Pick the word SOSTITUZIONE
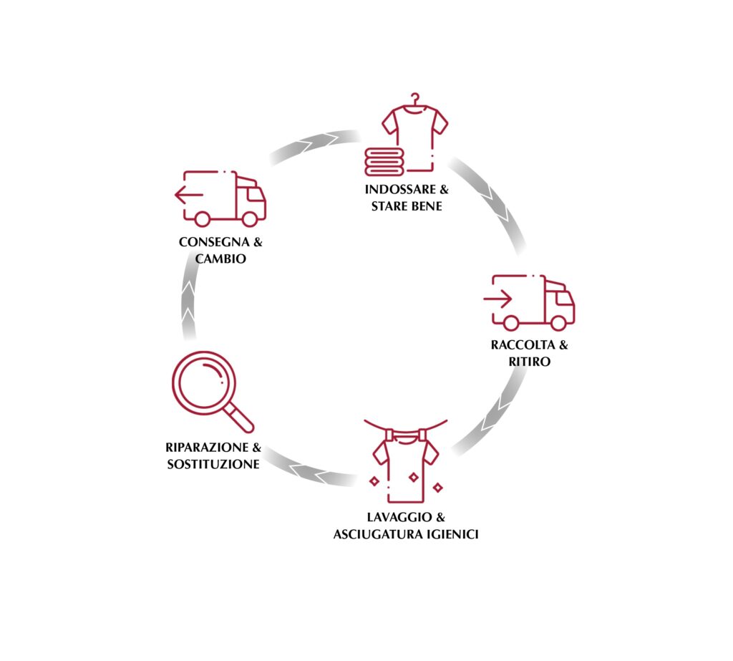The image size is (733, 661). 213,465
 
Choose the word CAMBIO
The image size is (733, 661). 220,259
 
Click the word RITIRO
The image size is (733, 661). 530,362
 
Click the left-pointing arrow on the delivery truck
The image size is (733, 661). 188,194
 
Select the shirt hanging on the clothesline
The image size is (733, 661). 406,465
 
